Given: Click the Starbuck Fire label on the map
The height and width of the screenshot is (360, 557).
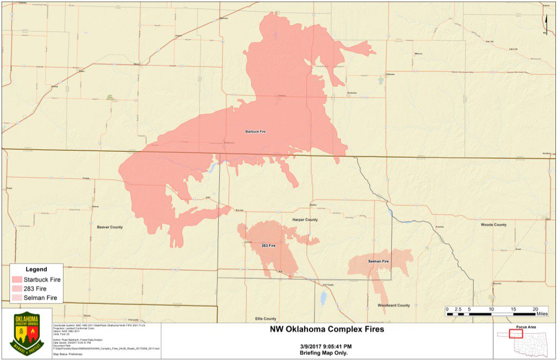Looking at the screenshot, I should [255, 132].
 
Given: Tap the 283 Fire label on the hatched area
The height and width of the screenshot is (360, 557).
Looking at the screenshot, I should [268, 246].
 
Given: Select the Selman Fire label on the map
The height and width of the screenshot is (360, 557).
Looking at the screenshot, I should [378, 262].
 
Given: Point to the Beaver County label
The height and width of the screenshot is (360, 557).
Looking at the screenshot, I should [110, 227].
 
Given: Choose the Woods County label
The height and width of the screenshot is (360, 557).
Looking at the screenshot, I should [493, 225].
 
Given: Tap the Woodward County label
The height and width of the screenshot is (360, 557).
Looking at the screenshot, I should [394, 306].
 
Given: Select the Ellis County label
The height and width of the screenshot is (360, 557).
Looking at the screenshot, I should [265, 319].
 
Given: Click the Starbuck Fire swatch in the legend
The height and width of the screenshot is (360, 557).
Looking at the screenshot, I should [17, 280].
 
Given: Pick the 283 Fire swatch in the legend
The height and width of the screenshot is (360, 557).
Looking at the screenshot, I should [17, 289].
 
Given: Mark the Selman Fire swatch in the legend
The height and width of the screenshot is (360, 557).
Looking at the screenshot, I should [17, 298].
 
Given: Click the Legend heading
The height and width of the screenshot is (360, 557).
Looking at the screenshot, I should [36, 269].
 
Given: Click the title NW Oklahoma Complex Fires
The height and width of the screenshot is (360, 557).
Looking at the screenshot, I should [327, 329].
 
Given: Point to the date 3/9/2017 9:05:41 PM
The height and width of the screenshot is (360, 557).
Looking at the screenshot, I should [326, 346].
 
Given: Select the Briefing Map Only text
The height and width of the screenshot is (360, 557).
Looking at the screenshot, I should [326, 353].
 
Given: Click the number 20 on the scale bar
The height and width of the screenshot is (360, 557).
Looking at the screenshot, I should [536, 309].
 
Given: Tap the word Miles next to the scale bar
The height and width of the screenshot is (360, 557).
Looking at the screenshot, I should [542, 314].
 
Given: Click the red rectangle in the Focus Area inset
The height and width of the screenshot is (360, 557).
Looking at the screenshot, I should [516, 333].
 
